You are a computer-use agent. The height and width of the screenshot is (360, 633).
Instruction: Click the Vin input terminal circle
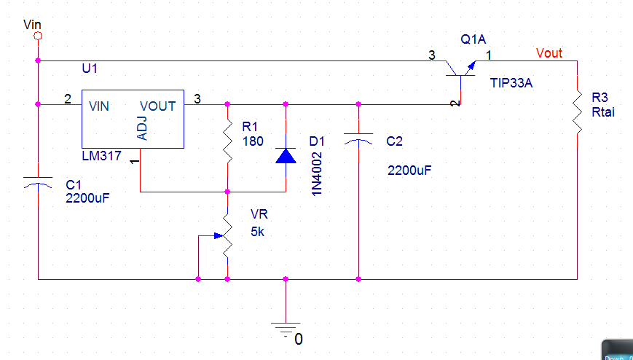coord(38,36)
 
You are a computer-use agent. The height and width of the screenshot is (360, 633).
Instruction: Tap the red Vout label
coord(549,53)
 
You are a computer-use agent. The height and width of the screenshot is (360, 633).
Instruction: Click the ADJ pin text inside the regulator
coord(142,128)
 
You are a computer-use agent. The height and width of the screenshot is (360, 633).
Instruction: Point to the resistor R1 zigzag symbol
coord(227,141)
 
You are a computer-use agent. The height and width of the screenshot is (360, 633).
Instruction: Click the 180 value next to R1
coord(253,141)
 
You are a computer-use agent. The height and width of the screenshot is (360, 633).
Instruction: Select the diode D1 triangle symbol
coord(286,155)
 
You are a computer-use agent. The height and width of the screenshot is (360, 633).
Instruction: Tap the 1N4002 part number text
coord(318,173)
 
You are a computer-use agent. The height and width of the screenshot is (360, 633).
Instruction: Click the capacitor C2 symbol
coord(358,139)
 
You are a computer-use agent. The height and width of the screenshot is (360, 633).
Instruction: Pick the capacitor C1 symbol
coord(38,183)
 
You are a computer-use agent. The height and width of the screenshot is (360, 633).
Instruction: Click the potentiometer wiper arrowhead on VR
coord(219,235)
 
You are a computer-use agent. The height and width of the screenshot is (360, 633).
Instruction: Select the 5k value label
coord(258,232)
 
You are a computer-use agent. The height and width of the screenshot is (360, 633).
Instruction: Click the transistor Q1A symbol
coord(460,71)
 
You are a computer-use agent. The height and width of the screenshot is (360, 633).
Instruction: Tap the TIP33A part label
coord(511,83)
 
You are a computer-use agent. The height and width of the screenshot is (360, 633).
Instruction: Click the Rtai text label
coord(603,112)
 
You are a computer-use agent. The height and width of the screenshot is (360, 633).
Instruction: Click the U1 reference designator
coord(90,69)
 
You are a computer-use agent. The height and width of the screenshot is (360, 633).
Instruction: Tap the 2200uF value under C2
coord(409,170)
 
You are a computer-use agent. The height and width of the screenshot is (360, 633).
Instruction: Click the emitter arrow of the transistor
coord(469,68)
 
